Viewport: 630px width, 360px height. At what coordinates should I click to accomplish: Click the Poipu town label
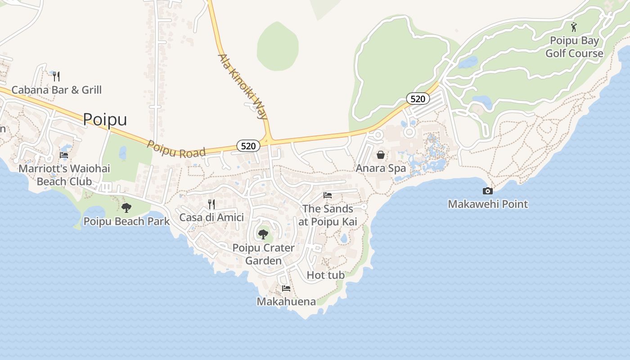(105, 119)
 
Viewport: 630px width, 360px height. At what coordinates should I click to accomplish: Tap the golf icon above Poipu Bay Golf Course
(574, 27)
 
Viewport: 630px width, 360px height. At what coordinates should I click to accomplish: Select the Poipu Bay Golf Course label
(574, 47)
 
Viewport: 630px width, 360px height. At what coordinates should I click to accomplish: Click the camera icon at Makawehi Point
(487, 191)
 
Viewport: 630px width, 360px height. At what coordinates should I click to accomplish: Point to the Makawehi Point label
(488, 204)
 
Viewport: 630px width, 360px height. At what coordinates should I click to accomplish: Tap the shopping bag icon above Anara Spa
(381, 155)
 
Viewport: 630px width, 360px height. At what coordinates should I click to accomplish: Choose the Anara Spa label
(381, 168)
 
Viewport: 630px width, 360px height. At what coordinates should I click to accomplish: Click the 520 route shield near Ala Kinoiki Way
(248, 146)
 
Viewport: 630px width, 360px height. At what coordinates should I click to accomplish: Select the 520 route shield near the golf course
(418, 99)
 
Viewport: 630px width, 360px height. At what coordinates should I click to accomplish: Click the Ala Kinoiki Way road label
(243, 86)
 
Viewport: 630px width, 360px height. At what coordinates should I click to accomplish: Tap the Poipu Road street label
(176, 149)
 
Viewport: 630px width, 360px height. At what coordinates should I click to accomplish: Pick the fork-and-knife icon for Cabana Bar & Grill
(56, 76)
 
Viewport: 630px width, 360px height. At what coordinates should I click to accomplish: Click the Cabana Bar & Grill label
(57, 90)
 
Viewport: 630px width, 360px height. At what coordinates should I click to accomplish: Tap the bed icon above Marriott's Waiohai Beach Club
(64, 155)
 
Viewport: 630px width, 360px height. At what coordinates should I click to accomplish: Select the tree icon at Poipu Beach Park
(126, 207)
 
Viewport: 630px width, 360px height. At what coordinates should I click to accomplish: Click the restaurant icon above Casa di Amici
(211, 204)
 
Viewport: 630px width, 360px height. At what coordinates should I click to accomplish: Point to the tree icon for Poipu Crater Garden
(263, 234)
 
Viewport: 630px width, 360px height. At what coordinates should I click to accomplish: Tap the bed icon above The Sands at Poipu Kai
(328, 195)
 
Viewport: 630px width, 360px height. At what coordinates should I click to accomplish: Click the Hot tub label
(325, 275)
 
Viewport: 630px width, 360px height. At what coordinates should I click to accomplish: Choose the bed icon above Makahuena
(286, 288)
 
